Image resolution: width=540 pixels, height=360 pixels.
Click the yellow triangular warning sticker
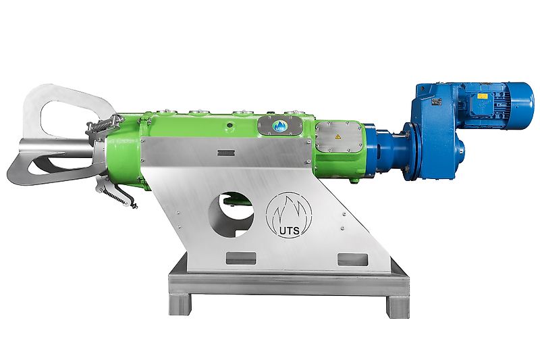(335, 137)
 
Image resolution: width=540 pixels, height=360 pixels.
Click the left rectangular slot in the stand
(240, 258)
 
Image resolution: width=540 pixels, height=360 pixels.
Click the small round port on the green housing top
(230, 125)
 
